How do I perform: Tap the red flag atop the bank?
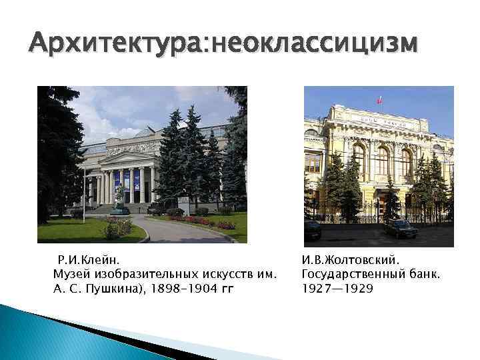(x=380, y=100)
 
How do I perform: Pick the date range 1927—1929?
(x=337, y=289)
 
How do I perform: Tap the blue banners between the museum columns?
(x=127, y=179)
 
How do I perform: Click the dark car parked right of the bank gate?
(x=402, y=229)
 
